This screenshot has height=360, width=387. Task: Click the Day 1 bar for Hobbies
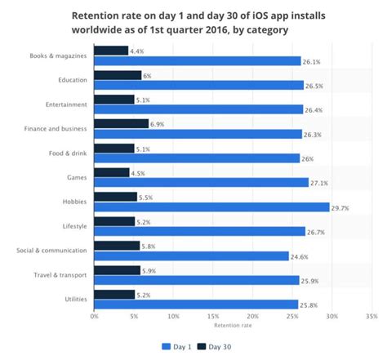(211, 207)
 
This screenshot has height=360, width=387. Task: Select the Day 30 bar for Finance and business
(122, 123)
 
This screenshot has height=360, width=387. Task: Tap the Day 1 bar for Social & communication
(191, 256)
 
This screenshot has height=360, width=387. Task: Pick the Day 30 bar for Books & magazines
(111, 51)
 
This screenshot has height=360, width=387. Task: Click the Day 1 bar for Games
(201, 183)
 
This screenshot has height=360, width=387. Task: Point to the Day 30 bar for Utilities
(114, 293)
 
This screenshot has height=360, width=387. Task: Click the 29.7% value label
(339, 207)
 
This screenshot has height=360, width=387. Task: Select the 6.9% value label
(158, 123)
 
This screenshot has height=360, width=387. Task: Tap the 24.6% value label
(299, 256)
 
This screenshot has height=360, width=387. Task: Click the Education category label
(73, 81)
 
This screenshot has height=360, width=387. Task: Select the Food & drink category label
(69, 153)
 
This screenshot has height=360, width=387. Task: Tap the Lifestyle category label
(74, 226)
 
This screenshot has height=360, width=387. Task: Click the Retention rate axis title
(233, 325)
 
